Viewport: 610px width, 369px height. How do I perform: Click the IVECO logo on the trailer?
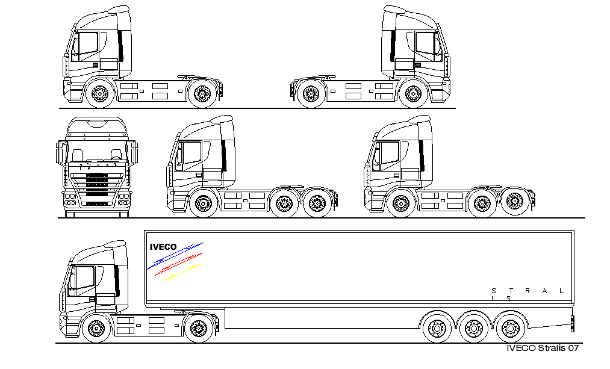point(163,247)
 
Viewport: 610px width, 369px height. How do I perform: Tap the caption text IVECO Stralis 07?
point(543,348)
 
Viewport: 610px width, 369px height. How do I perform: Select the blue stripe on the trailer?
point(175,256)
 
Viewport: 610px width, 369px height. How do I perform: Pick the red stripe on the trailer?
point(179,265)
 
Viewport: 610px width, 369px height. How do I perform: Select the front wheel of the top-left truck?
point(99,94)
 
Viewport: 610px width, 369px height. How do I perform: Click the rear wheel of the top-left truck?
point(201,94)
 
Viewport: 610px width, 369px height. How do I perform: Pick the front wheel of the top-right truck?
point(412,94)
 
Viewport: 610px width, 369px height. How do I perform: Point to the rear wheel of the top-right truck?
point(311,94)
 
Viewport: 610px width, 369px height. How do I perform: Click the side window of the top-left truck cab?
point(85,46)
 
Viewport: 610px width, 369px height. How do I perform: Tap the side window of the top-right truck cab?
point(428,46)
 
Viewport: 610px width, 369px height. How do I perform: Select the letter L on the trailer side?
point(561,291)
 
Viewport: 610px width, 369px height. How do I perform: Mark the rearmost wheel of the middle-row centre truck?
point(317,204)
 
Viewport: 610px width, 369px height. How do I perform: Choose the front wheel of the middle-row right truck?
point(400,204)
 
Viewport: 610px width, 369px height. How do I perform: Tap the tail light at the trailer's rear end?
point(572,323)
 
